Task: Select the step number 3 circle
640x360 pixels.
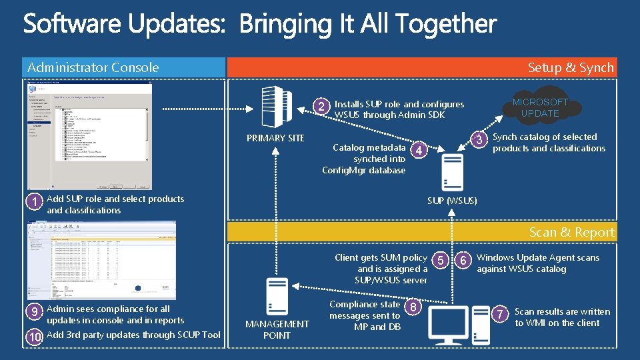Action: [x=478, y=139]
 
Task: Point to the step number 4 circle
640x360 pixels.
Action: [x=417, y=150]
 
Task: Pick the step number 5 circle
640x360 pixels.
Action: [x=440, y=260]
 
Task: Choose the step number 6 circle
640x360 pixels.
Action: [x=464, y=260]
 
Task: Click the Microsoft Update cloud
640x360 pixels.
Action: [x=541, y=107]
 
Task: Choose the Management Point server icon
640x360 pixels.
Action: [x=277, y=296]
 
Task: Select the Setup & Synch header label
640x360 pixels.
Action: [x=570, y=67]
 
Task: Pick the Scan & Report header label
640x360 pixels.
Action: [x=571, y=232]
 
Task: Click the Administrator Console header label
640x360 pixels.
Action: [x=93, y=67]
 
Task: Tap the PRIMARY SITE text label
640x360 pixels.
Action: [x=275, y=138]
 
